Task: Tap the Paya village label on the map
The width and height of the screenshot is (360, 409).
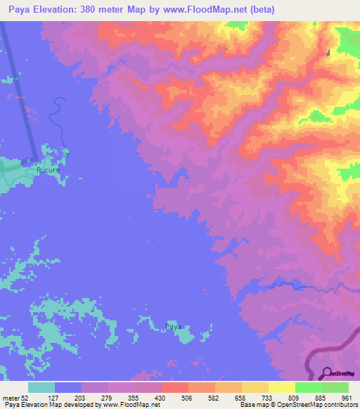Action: (x=173, y=326)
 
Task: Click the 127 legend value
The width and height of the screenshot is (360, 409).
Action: (x=55, y=397)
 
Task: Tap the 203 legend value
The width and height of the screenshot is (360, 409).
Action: (x=82, y=397)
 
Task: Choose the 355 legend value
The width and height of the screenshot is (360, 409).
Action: (x=135, y=397)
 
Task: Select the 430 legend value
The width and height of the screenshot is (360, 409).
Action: (x=162, y=397)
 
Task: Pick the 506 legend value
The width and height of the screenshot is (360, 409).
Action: (x=188, y=397)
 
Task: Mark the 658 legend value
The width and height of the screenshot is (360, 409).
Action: (x=242, y=397)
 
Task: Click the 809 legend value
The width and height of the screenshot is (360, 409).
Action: (x=295, y=397)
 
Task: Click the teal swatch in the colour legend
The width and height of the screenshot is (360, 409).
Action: (x=41, y=387)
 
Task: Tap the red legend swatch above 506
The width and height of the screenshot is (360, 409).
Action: (x=175, y=387)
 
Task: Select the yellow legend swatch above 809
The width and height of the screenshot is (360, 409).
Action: (x=282, y=387)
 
